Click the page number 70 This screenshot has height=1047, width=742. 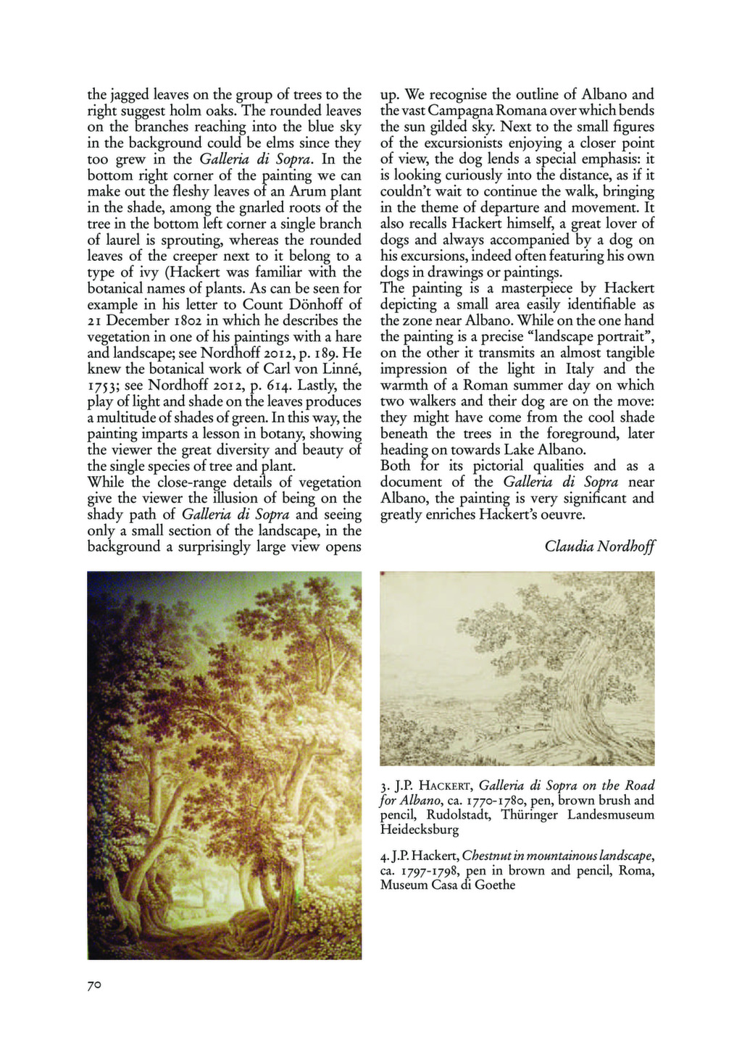94,985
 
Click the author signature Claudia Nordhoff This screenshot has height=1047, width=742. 599,546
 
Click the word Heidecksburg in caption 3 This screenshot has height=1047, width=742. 420,830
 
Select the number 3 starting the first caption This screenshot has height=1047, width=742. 383,786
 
